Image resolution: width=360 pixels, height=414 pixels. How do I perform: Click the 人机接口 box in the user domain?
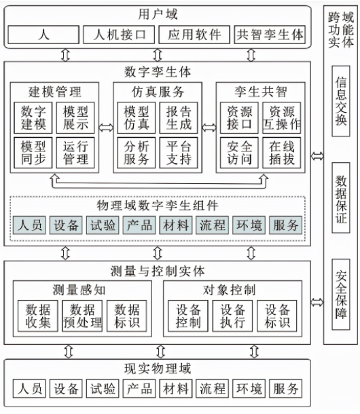click(118, 35)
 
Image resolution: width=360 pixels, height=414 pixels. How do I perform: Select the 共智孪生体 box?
click(269, 35)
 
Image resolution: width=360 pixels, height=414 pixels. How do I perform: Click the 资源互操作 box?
click(282, 117)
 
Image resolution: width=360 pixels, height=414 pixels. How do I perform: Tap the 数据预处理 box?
click(82, 316)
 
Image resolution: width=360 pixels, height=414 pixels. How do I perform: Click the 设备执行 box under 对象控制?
click(232, 316)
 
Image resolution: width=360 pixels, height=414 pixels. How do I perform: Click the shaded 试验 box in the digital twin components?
click(103, 225)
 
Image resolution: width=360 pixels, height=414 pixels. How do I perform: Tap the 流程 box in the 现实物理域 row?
click(212, 389)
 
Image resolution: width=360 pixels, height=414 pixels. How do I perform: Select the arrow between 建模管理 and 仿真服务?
click(106, 126)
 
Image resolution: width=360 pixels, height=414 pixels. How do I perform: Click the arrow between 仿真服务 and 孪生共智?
click(209, 126)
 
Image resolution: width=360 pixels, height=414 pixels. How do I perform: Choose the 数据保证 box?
click(341, 197)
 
